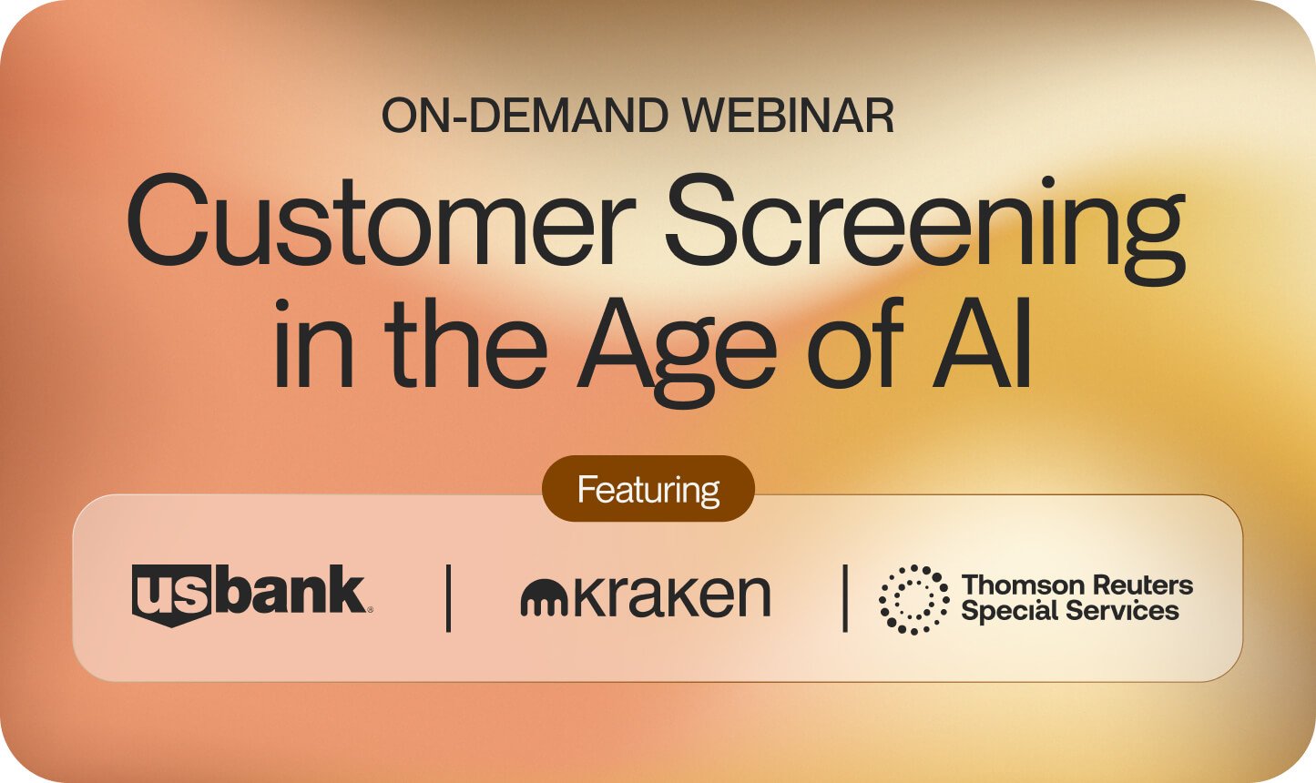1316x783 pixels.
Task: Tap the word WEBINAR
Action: click(x=789, y=117)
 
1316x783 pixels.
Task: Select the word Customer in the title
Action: click(x=381, y=221)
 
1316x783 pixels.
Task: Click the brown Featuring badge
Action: click(x=648, y=490)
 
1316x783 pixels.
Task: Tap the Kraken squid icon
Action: click(x=544, y=598)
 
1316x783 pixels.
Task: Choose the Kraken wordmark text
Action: click(x=671, y=595)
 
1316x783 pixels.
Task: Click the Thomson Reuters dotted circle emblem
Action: click(x=913, y=599)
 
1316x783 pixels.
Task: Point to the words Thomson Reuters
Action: click(x=1077, y=585)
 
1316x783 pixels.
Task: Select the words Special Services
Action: click(x=1070, y=611)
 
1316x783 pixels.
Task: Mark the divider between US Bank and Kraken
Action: click(x=448, y=598)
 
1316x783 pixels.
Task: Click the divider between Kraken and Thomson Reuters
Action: click(x=845, y=598)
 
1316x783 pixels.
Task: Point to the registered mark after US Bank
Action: click(x=369, y=610)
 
